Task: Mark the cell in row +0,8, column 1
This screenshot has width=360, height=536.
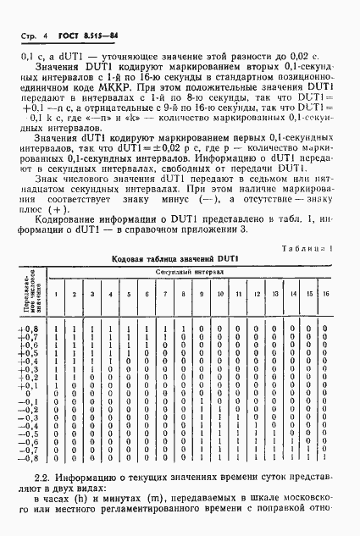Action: click(56, 329)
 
